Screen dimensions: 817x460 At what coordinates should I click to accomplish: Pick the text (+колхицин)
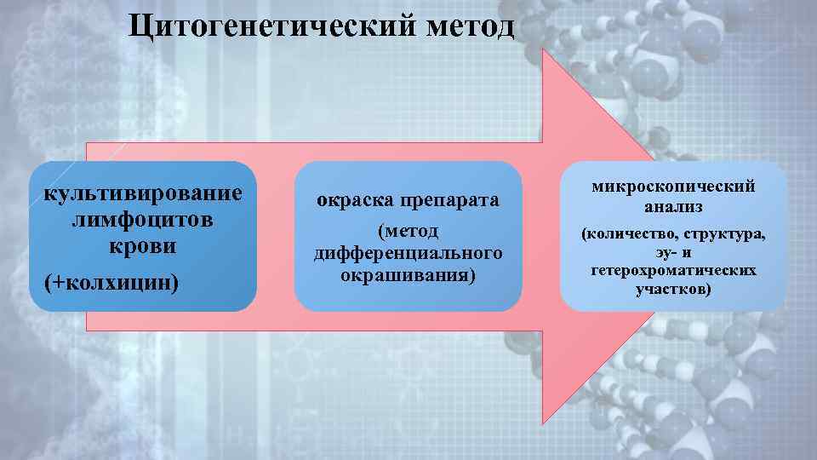tap(111, 282)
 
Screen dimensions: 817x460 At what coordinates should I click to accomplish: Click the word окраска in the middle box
tap(353, 201)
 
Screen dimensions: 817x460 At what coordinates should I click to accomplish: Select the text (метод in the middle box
tap(408, 232)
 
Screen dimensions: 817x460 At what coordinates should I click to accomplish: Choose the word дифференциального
tap(408, 254)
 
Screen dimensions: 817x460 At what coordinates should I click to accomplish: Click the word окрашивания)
tap(408, 275)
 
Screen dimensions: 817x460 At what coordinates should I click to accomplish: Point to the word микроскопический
tap(672, 187)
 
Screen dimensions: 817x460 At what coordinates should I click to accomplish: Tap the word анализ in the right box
tap(672, 206)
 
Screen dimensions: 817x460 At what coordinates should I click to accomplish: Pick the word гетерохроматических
tap(672, 271)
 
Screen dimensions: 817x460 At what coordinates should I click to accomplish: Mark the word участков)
tap(672, 290)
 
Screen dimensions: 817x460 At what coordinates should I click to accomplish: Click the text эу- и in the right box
tap(672, 252)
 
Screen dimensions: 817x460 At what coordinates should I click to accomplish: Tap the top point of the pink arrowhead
tap(542, 49)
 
